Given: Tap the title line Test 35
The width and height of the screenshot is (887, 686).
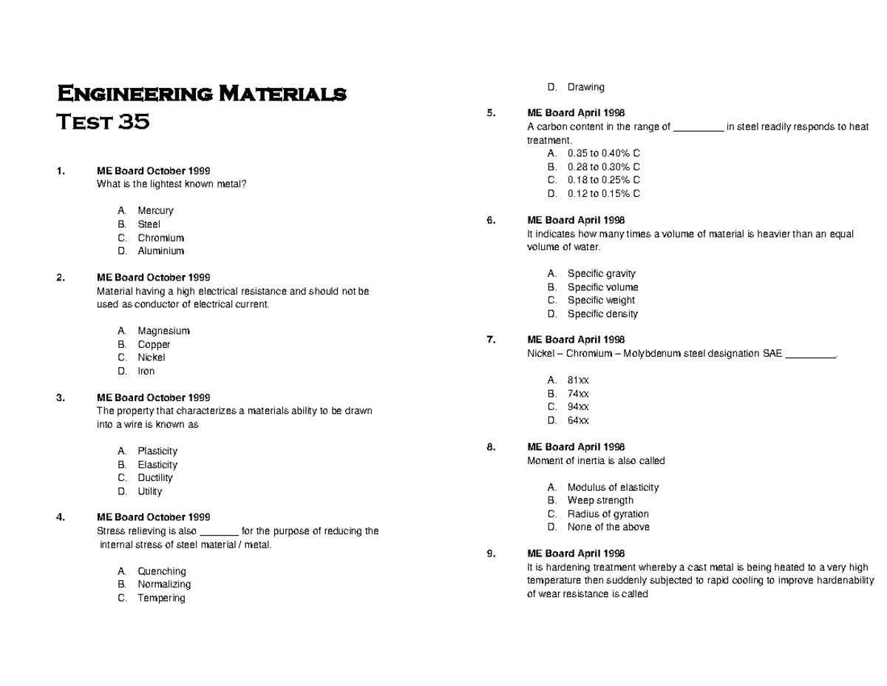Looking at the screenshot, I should [x=103, y=121].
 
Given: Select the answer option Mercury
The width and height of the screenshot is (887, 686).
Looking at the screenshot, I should [x=155, y=211].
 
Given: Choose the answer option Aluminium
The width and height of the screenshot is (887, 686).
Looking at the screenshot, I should [x=160, y=252].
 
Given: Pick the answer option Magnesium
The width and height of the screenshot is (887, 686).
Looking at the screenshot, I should [x=163, y=331].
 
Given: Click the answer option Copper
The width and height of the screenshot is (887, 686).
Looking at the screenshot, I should [x=154, y=345].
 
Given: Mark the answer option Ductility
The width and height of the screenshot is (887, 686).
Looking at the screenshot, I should [x=155, y=478].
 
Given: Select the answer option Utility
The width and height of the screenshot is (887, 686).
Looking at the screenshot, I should [x=150, y=491].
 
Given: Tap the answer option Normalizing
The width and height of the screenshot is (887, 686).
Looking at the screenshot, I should [x=164, y=585].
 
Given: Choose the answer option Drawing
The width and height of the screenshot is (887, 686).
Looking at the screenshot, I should [x=585, y=87].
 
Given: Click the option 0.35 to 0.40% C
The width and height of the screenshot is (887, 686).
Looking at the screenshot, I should [x=603, y=153].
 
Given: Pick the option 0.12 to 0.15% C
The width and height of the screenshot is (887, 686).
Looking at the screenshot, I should [x=603, y=194].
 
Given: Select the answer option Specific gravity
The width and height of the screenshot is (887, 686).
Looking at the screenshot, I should [x=601, y=274].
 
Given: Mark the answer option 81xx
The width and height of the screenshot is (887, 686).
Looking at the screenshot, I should [x=578, y=380].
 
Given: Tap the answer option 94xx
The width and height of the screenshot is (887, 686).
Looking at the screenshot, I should [x=578, y=407].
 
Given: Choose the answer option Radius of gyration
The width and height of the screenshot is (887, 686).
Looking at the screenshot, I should [x=608, y=514].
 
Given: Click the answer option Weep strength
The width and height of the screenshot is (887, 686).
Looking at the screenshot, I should [x=600, y=501].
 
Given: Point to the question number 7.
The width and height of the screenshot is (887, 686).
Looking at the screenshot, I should [x=490, y=340].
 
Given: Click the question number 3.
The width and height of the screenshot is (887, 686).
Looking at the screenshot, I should [x=60, y=398].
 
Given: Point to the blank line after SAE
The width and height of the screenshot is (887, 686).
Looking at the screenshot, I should [x=809, y=354].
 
